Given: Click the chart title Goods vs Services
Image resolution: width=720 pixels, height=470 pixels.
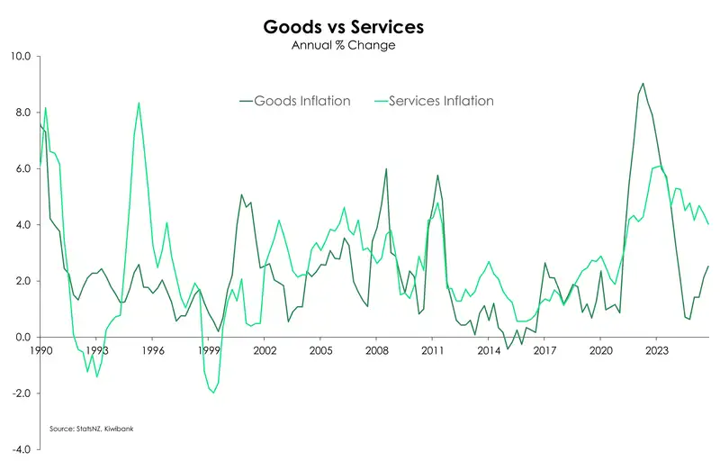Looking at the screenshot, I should point(343,27).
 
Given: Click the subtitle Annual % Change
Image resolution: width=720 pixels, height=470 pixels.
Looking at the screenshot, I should point(343,45).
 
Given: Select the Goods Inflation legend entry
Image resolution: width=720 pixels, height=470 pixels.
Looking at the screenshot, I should point(301,101).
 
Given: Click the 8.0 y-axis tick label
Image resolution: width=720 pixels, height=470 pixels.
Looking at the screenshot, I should point(21,113).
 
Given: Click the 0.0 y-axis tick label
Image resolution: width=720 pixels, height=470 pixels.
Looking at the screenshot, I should point(21,338).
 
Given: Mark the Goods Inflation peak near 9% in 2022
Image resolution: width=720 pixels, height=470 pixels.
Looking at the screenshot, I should point(643,84).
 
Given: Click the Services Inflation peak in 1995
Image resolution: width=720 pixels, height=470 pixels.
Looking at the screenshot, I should point(139,103).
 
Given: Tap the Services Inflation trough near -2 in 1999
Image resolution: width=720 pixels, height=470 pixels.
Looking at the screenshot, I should point(213,393).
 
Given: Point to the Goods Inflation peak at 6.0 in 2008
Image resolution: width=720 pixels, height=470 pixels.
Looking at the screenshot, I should point(386,168).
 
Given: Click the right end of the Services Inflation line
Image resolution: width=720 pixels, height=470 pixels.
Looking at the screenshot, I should point(708,224).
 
